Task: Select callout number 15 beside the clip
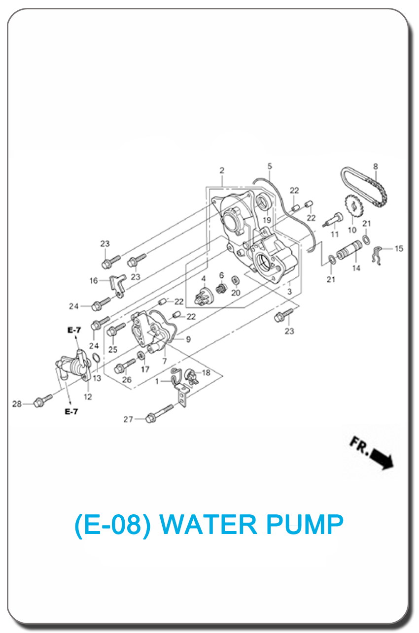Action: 399,249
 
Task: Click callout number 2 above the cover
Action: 222,170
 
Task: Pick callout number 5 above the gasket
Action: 270,166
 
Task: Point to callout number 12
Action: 88,397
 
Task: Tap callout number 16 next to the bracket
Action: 94,281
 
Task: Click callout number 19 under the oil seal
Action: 267,220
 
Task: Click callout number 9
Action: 188,339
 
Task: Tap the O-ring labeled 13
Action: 97,359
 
